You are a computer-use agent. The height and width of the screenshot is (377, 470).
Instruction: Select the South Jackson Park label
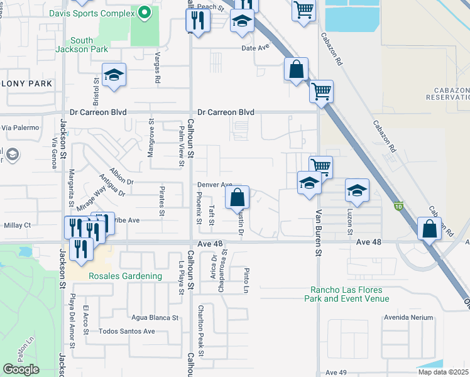click(x=89, y=45)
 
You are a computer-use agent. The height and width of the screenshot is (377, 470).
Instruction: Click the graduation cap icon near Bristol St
click(x=114, y=75)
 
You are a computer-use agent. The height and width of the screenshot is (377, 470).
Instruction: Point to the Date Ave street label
click(x=254, y=48)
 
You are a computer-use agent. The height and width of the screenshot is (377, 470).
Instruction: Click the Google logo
click(x=21, y=369)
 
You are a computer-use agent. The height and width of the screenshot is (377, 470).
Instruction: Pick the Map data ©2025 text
click(x=443, y=372)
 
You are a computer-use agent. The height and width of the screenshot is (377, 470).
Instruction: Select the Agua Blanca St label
click(x=155, y=317)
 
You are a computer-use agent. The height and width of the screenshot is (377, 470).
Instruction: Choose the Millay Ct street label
click(x=17, y=225)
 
